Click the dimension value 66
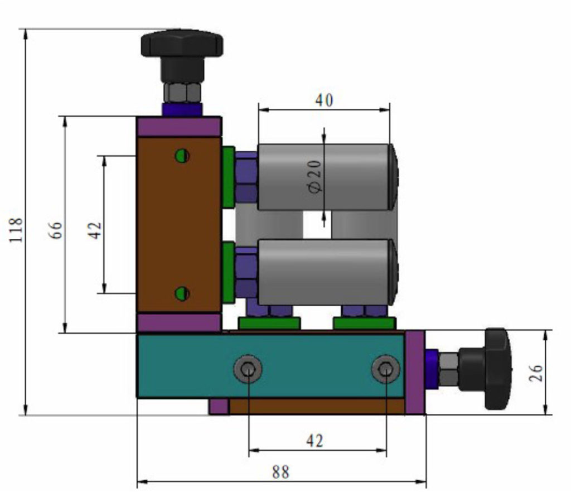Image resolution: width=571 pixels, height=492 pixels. coord(56,229)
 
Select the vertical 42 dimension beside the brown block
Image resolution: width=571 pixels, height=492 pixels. coord(95,229)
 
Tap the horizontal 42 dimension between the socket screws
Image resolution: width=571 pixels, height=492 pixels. coord(314,441)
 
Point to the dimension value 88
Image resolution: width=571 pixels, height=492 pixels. coord(280,472)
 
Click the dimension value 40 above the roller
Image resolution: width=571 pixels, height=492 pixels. coord(324,100)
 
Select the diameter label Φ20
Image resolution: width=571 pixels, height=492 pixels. coord(314,176)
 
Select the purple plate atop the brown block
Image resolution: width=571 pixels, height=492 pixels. coord(179,127)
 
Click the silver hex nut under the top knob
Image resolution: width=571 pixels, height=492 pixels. coord(182,93)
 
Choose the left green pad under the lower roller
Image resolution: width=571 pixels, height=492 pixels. coord(269,323)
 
